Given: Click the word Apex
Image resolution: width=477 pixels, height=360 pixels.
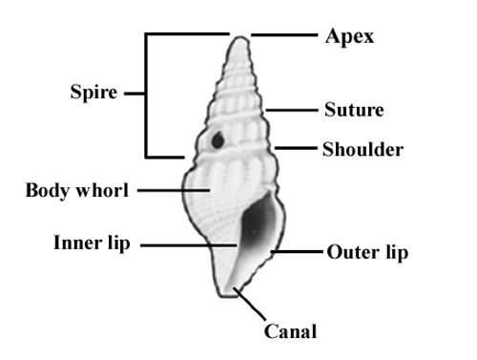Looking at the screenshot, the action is (x=349, y=36).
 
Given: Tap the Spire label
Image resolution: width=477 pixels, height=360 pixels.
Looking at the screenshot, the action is (x=93, y=93).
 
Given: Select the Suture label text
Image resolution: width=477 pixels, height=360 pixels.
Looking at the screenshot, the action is (x=354, y=110).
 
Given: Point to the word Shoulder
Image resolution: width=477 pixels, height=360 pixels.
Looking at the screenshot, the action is (x=363, y=149).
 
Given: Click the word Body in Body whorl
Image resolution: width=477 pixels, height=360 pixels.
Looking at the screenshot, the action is (x=47, y=191).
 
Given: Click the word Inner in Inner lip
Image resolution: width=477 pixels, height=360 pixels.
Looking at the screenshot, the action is (x=78, y=243).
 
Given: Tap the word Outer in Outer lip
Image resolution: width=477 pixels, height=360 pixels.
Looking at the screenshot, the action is (x=353, y=252).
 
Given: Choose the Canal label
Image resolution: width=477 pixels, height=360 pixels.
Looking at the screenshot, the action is (x=290, y=331).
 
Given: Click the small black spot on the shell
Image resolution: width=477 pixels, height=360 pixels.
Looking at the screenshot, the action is (x=218, y=140).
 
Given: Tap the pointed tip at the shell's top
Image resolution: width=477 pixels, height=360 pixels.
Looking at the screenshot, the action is (x=240, y=37).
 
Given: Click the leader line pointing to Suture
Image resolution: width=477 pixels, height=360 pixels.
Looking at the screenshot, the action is (x=292, y=110).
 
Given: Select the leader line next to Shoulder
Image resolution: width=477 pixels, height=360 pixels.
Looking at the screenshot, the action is (x=296, y=148).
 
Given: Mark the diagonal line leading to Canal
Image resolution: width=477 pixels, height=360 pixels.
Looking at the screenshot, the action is (x=249, y=304).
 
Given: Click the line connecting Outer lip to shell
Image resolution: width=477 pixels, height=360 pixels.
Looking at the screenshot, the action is (x=297, y=251).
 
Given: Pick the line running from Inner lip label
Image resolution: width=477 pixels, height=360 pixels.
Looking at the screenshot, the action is (x=189, y=245).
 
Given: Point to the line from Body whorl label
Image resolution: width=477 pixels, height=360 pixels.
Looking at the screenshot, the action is (x=174, y=190).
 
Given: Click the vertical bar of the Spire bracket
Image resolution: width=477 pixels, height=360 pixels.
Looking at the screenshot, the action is (x=146, y=95).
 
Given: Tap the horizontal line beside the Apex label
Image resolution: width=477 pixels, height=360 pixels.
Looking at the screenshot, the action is (x=284, y=34).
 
